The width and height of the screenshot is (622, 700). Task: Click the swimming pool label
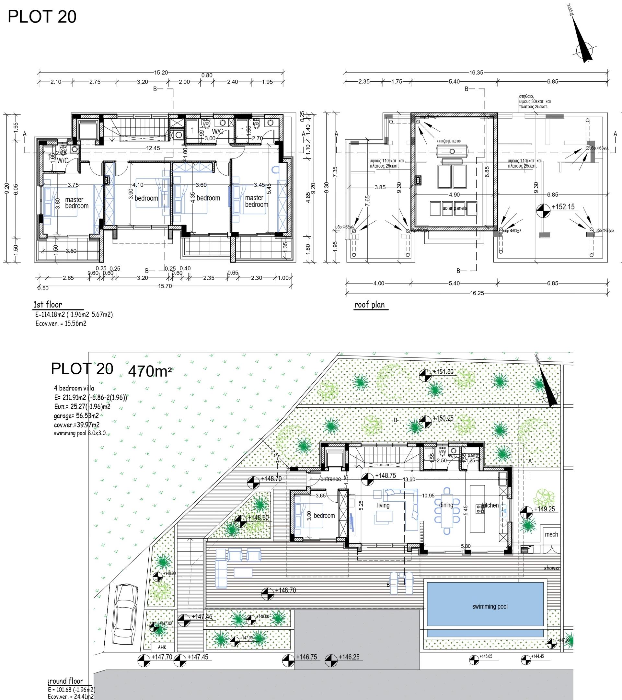coord(490,607)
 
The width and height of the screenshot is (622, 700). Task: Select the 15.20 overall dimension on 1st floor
coord(161,73)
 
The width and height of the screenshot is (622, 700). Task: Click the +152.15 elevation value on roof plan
coord(563,207)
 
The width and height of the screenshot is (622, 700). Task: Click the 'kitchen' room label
coord(490,505)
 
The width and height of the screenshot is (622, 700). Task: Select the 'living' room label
coord(383,505)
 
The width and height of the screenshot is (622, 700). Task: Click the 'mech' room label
coord(551,534)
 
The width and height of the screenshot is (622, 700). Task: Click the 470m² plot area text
coord(150,371)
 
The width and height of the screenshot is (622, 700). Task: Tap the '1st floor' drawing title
coord(48,304)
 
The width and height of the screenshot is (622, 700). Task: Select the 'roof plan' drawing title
coord(369,304)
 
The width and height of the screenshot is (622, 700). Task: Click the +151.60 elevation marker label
coord(443,372)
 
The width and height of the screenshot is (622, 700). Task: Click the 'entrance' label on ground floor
coord(331,479)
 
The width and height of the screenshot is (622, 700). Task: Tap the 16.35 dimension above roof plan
coord(476,73)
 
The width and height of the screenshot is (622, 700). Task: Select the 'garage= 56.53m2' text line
coord(76,416)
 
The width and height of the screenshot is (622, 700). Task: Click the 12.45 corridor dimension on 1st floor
coord(153,148)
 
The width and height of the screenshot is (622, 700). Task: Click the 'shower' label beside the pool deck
coord(552,568)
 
